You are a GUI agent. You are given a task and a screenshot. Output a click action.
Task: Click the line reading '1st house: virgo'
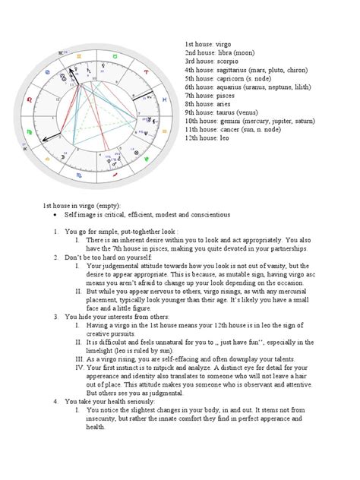coord(207,46)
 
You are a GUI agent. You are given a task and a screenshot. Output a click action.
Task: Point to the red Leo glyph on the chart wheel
coord(29,99)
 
